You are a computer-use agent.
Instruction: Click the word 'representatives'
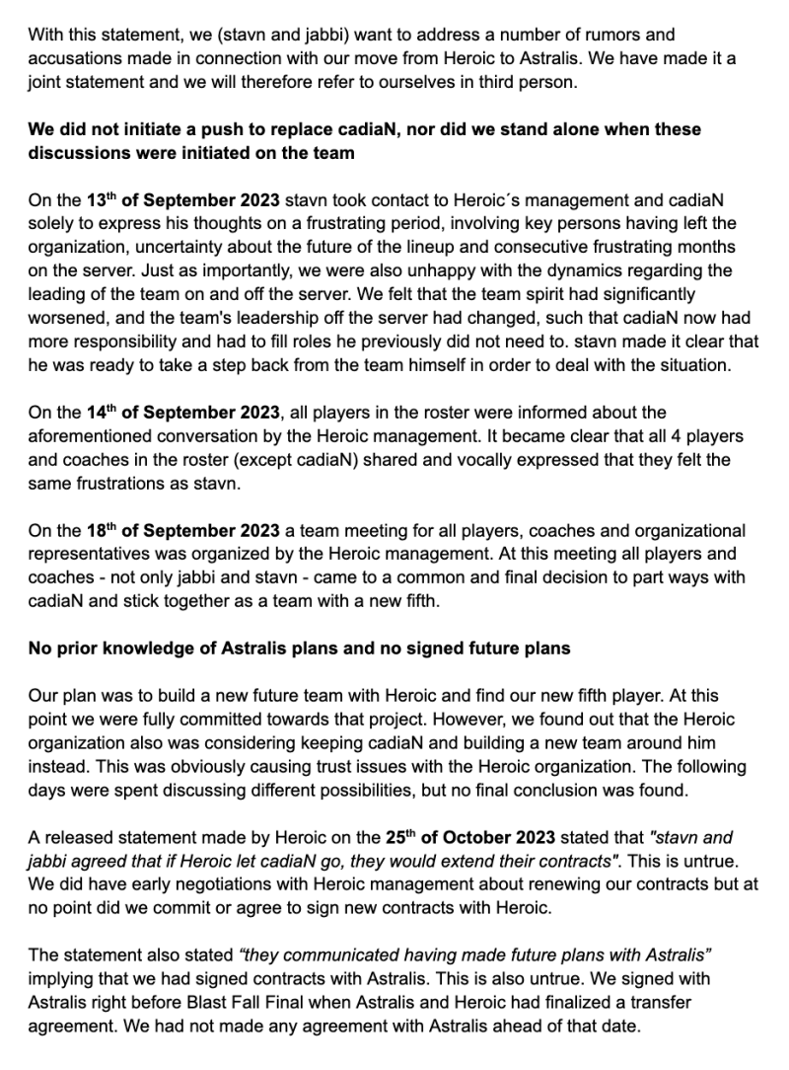click(92, 554)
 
